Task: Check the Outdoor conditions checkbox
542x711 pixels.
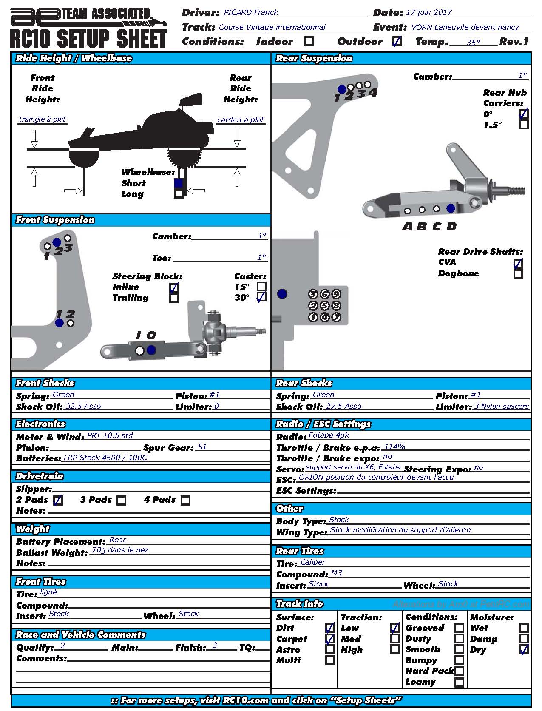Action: (396, 41)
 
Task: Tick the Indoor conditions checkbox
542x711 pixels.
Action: (309, 41)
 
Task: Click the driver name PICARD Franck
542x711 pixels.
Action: (251, 12)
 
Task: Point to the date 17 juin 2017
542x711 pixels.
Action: (428, 12)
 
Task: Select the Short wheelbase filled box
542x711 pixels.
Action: (179, 183)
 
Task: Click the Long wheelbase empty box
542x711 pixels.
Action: (179, 193)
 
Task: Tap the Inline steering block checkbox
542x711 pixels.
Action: (174, 287)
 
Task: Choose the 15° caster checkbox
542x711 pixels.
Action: (262, 287)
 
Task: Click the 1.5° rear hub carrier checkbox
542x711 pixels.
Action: (524, 125)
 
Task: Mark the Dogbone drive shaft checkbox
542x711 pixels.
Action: (518, 274)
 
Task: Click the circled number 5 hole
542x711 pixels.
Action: (324, 305)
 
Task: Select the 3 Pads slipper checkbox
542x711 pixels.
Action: (122, 500)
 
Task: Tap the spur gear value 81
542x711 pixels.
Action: (202, 447)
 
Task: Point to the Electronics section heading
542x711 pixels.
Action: (41, 424)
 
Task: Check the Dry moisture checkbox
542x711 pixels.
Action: (524, 649)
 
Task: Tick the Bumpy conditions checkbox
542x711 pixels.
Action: (459, 660)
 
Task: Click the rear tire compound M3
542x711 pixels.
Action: (336, 573)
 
